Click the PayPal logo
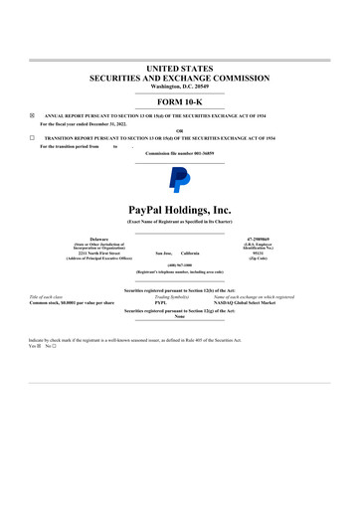pos(180,180)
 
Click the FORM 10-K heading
pos(180,102)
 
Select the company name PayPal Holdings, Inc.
pos(180,210)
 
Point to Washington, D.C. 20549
pos(180,85)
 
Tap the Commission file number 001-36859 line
pos(180,153)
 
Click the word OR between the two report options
pos(180,130)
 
